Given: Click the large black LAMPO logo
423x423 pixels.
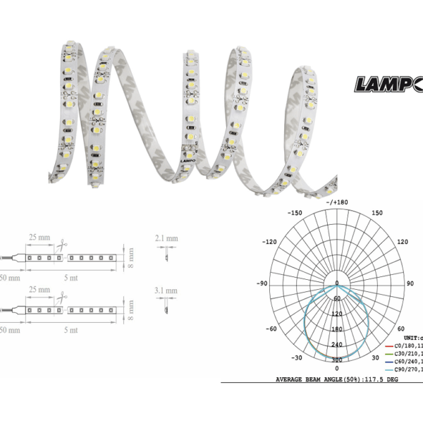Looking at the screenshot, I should click(388, 85).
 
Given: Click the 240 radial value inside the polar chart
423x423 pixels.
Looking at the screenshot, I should click(336, 344).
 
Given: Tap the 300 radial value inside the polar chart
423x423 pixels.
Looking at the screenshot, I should click(336, 359).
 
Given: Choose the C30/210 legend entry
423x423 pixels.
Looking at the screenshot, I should click(405, 353).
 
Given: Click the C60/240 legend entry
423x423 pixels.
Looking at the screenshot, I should click(405, 361).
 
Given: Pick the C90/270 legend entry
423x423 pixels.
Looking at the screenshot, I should click(405, 369).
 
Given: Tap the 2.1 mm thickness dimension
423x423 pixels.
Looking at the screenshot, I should click(167, 239).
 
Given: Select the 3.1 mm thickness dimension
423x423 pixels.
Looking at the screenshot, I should click(167, 290).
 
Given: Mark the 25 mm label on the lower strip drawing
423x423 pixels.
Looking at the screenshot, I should click(39, 290).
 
